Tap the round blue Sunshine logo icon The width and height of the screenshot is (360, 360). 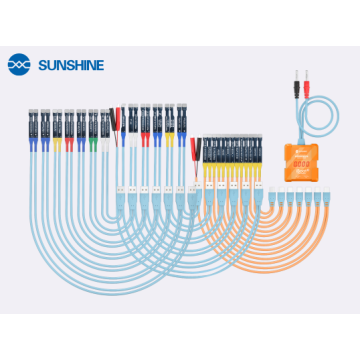(19, 64)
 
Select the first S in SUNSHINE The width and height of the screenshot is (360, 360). (42, 64)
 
